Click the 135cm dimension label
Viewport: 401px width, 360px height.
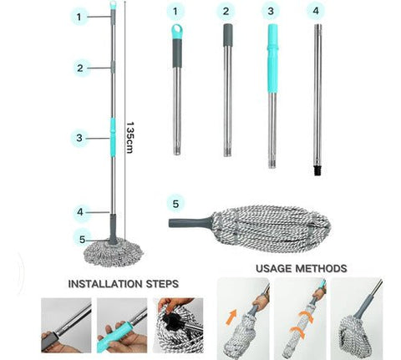point(129,137)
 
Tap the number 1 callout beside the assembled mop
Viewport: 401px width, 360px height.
point(79,17)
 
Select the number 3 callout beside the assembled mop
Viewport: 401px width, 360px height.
point(79,138)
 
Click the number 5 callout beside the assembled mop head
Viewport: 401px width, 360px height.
point(82,240)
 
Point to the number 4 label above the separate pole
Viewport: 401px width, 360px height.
point(316,11)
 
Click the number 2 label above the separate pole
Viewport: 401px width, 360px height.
point(226,11)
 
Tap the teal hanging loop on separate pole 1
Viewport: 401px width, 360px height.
point(177,31)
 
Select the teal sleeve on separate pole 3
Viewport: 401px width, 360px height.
point(272,58)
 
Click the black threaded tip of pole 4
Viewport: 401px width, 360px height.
point(317,170)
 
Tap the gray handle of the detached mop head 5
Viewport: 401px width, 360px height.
point(190,223)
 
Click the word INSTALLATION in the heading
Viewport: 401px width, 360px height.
point(105,284)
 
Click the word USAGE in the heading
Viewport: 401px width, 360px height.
point(273,268)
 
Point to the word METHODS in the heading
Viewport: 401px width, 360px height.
point(321,268)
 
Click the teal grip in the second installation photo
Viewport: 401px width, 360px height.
point(114,336)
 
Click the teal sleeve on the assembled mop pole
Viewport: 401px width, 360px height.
point(113,137)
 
